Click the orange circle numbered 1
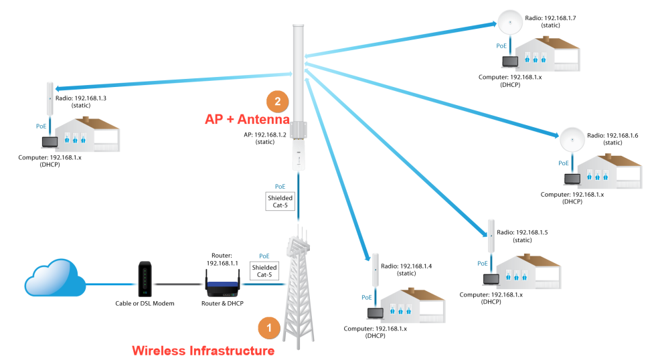pyautogui.click(x=268, y=328)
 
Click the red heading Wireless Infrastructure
pyautogui.click(x=203, y=350)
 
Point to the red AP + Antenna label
pyautogui.click(x=246, y=120)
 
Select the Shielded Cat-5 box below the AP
pyautogui.click(x=280, y=202)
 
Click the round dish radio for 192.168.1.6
pyautogui.click(x=571, y=139)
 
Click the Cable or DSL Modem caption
pyautogui.click(x=143, y=304)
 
